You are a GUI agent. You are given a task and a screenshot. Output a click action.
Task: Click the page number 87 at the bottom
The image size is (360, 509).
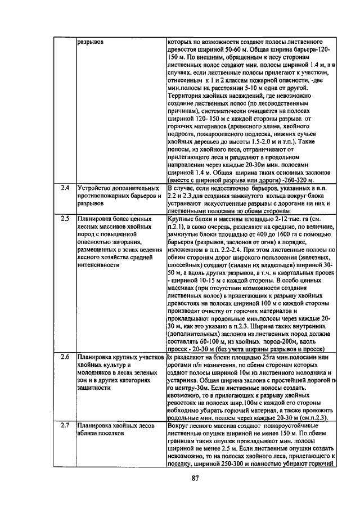(196, 479)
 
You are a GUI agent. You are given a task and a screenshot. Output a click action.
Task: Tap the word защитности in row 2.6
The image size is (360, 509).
(96, 388)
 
